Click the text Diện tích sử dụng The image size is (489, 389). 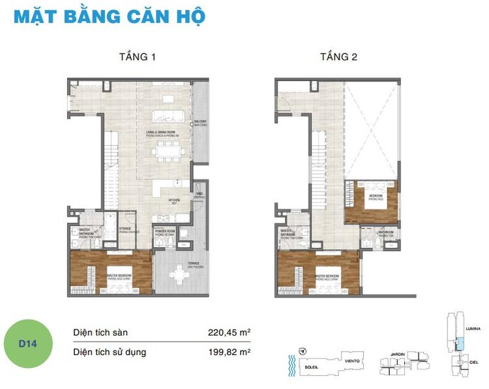110,353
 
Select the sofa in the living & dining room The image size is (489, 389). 171,117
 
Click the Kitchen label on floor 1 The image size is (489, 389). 174,201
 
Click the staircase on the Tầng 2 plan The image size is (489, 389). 318,163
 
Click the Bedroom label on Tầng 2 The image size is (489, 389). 375,197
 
